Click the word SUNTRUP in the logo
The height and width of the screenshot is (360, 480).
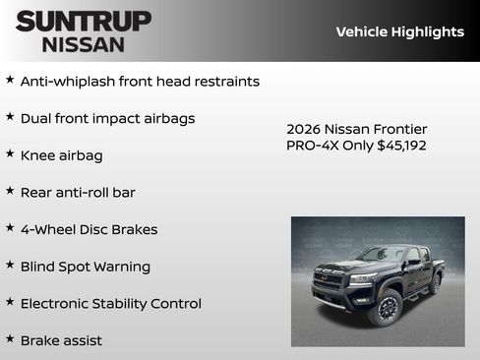[x=84, y=21]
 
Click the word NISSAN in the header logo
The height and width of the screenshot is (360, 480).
[x=84, y=44]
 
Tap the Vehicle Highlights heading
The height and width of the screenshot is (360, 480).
[x=399, y=31]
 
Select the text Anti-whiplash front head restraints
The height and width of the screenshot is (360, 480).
[x=140, y=82]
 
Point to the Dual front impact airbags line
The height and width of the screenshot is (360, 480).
[x=107, y=118]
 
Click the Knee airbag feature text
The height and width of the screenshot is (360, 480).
[x=61, y=155]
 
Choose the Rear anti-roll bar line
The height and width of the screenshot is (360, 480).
[x=78, y=193]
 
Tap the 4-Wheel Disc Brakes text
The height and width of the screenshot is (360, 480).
[x=89, y=229]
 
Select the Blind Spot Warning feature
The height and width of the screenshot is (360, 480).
[x=86, y=267]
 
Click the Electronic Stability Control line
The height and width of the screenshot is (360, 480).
[x=111, y=303]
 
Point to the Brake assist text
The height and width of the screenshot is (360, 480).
[x=61, y=340]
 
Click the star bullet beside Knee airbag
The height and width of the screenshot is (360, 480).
[x=10, y=153]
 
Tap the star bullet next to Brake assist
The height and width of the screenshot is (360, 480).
[x=10, y=338]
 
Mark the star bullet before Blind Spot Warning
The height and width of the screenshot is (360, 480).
[x=10, y=265]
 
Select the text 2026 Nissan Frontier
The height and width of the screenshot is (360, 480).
[x=356, y=129]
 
